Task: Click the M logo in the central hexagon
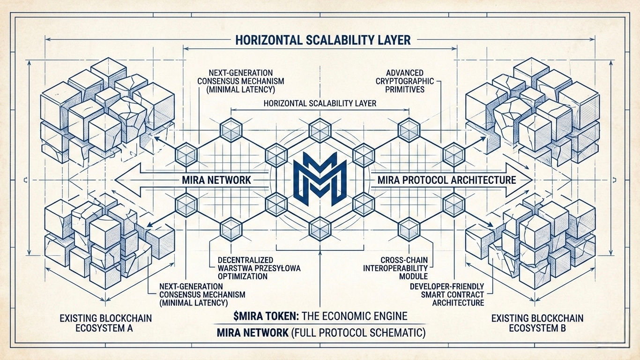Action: pyautogui.click(x=320, y=180)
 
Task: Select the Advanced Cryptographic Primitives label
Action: pyautogui.click(x=405, y=81)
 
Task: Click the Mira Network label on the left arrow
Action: pyautogui.click(x=216, y=180)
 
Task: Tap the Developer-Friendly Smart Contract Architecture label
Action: pyautogui.click(x=447, y=294)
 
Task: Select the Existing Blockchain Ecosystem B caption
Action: pyautogui.click(x=537, y=323)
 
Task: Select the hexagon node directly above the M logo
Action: pyautogui.click(x=320, y=127)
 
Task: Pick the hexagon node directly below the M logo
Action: pyautogui.click(x=320, y=227)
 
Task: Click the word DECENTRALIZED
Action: pyautogui.click(x=246, y=260)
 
